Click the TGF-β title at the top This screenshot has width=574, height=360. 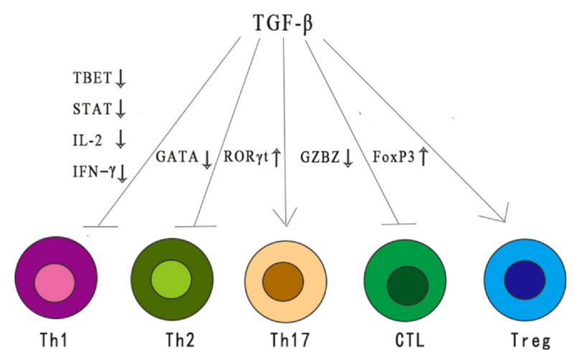(x=283, y=22)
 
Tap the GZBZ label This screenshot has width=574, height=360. (x=321, y=157)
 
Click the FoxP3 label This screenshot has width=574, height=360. (x=393, y=157)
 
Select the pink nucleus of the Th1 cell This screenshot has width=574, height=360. (x=55, y=282)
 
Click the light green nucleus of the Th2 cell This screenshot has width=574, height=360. (x=169, y=282)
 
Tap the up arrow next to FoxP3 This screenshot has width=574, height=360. (x=423, y=156)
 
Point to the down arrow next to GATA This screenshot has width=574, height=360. (x=207, y=158)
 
